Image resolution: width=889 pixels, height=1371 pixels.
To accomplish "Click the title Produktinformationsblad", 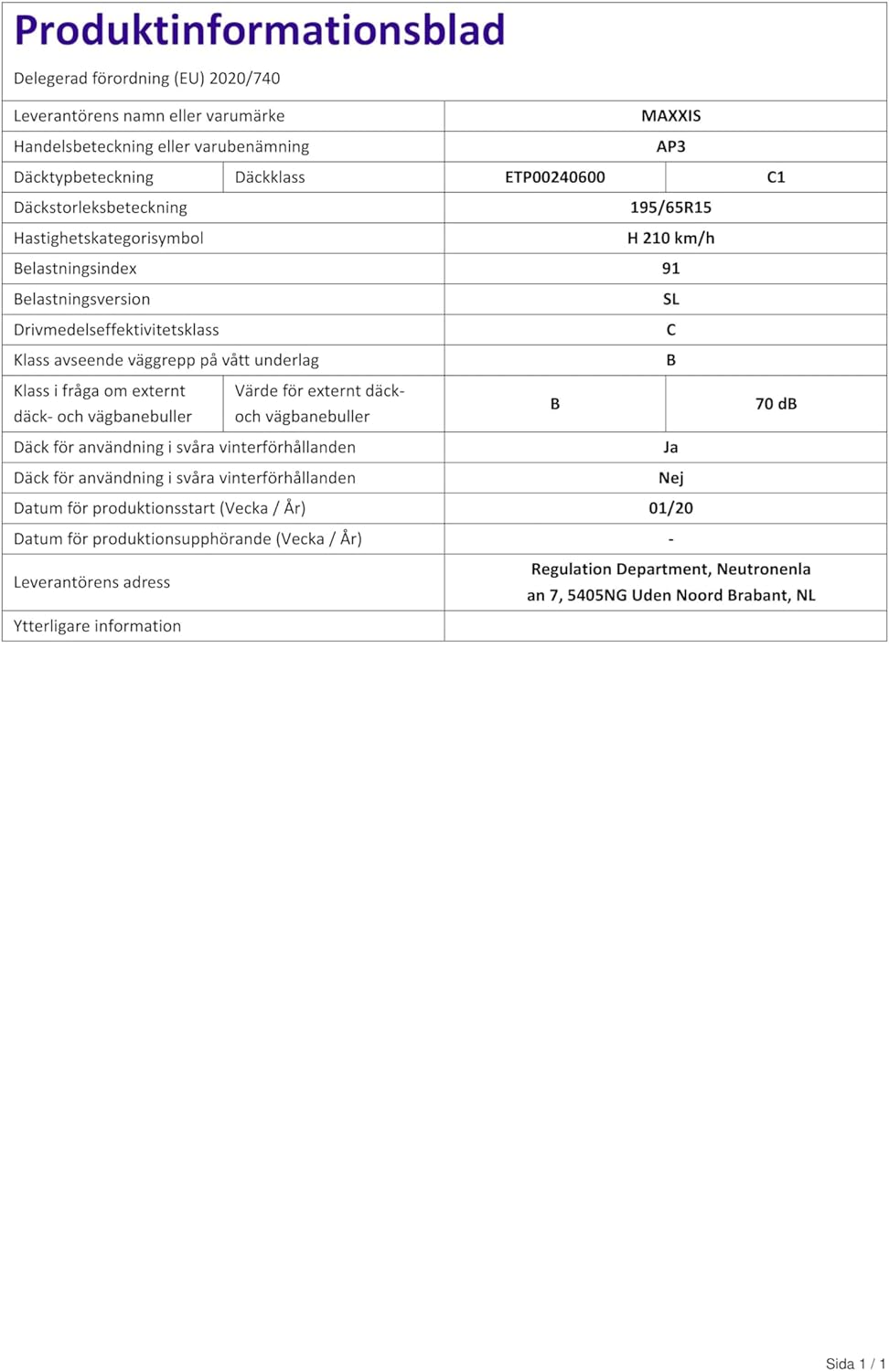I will (x=260, y=30).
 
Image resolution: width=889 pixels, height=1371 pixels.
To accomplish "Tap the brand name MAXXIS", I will (x=670, y=116).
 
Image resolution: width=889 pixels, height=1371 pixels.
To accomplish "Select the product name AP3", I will (x=670, y=146).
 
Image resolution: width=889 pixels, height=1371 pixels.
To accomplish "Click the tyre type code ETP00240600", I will (x=554, y=177).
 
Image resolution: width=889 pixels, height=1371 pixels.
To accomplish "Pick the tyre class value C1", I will (x=776, y=177).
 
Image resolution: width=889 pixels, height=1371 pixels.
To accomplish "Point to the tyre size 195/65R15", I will (x=670, y=207).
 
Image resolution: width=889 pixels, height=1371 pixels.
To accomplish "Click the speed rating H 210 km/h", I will (x=670, y=239).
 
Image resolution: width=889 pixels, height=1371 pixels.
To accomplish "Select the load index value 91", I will (x=670, y=269).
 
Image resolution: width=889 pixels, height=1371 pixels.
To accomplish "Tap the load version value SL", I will (x=670, y=300).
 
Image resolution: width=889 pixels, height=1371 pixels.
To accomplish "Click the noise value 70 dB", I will (x=776, y=404).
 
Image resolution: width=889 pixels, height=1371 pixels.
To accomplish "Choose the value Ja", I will (x=670, y=448).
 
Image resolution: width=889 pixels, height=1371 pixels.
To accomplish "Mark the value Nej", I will (x=670, y=478).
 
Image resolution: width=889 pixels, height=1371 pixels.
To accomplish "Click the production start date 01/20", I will (x=670, y=508).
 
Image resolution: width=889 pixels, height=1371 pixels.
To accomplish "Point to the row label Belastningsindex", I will (x=75, y=269).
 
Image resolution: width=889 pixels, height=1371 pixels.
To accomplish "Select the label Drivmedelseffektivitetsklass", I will (x=116, y=330).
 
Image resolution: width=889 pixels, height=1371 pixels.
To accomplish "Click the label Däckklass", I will (x=270, y=177).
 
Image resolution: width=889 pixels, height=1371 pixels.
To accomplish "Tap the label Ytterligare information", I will (x=97, y=626).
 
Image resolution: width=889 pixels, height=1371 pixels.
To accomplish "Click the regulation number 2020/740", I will (x=244, y=79).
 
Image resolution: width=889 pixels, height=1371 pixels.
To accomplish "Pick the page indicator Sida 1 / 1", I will (x=855, y=1364).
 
